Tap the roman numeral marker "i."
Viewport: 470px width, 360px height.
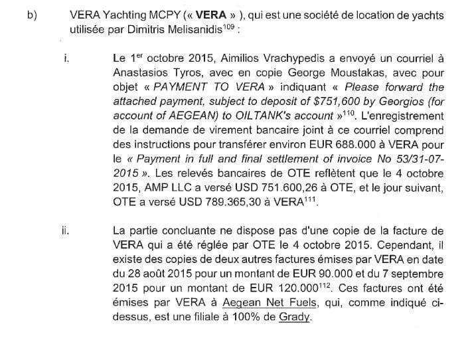click(66, 58)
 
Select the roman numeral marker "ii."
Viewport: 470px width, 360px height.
click(66, 230)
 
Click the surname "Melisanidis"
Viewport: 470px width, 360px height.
click(188, 31)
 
